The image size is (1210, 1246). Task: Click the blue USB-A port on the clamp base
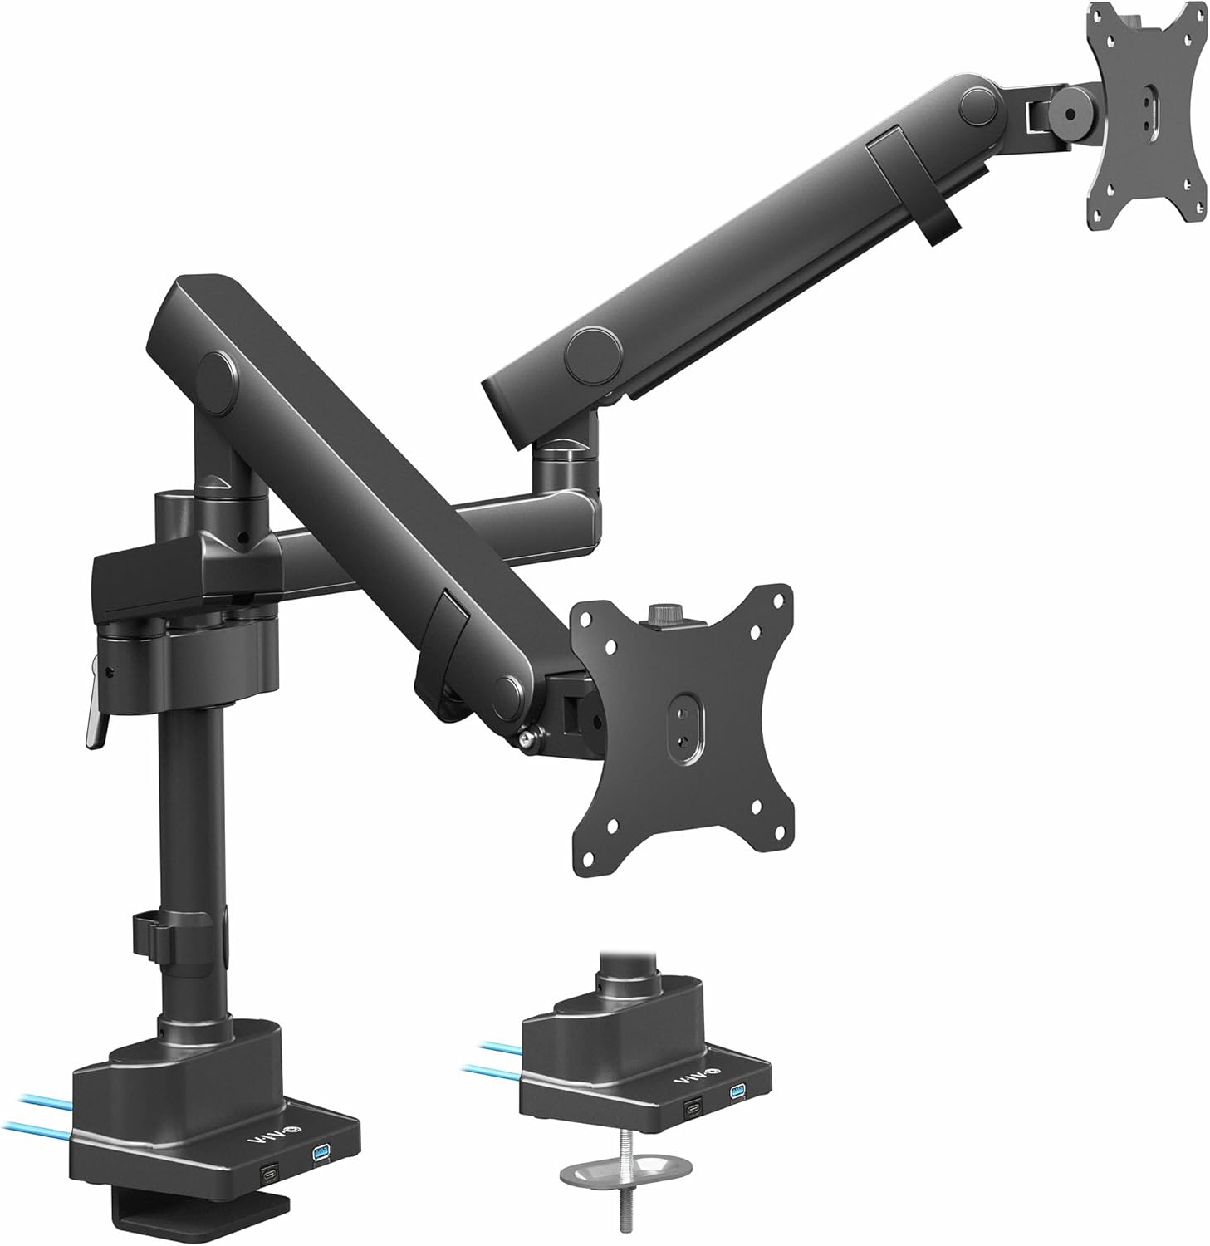322,1154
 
